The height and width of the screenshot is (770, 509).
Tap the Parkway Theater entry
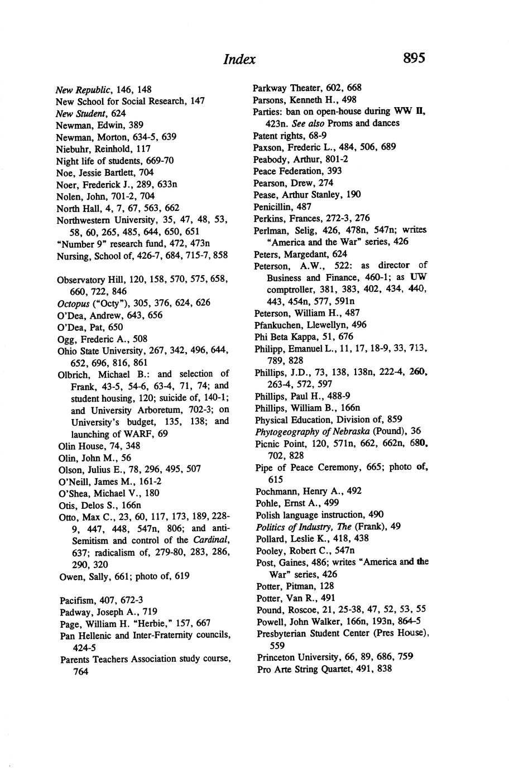pos(307,88)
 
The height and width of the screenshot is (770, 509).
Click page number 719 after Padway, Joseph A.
pos(150,612)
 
